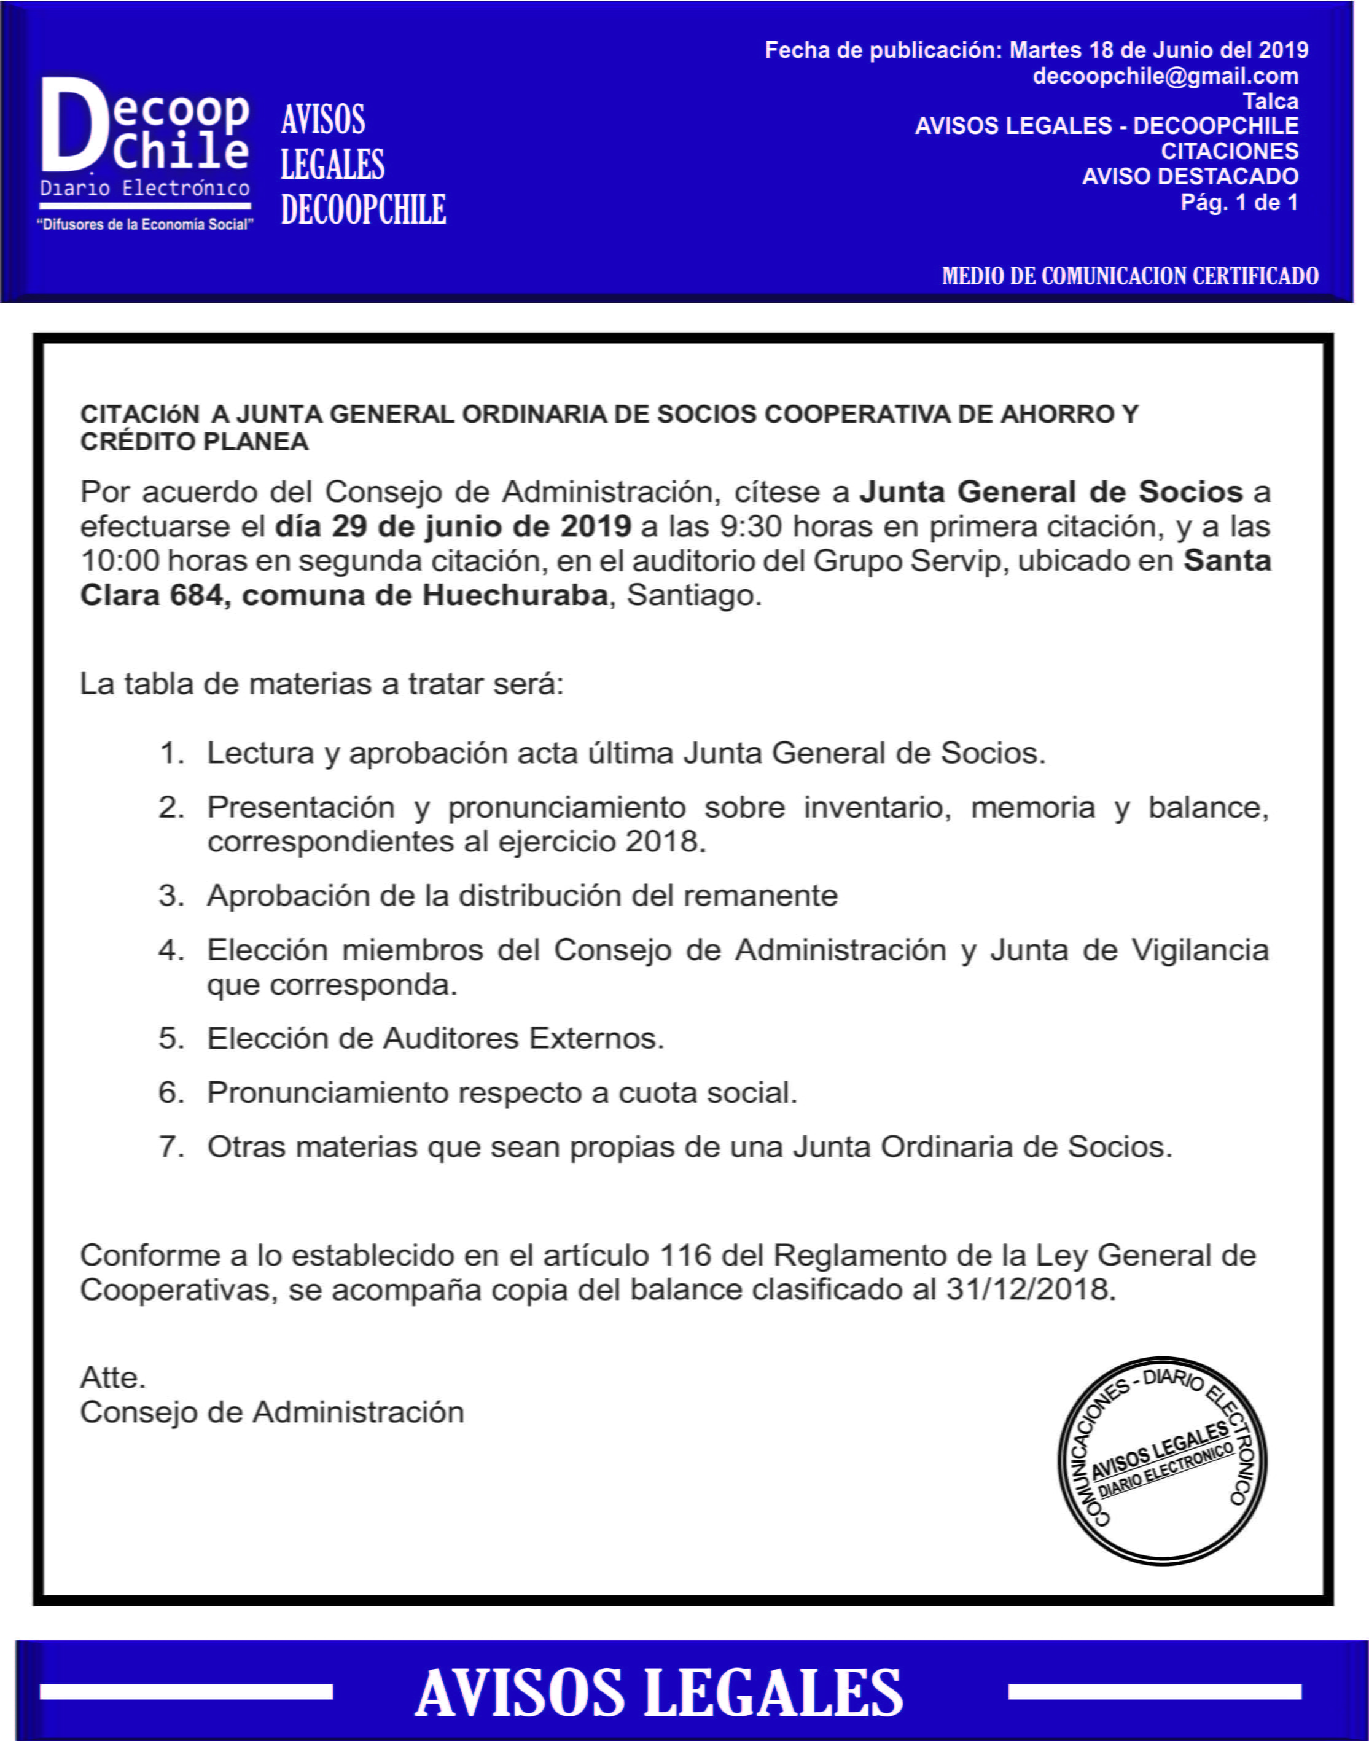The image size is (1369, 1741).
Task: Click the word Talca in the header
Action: [x=1270, y=101]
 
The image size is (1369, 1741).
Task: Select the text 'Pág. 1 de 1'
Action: [x=1239, y=202]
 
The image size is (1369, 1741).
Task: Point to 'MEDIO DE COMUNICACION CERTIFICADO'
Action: [x=1129, y=276]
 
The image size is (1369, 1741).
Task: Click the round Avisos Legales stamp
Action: [x=1162, y=1460]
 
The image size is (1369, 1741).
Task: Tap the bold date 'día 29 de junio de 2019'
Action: [x=453, y=526]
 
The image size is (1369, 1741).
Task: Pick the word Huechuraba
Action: [x=515, y=595]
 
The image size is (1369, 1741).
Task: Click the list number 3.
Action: [x=171, y=895]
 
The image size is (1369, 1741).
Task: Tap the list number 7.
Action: [x=171, y=1147]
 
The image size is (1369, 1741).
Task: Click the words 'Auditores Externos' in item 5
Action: [x=523, y=1038]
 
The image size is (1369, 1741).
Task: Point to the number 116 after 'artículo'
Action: [x=685, y=1255]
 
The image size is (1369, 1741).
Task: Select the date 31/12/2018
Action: [x=1030, y=1289]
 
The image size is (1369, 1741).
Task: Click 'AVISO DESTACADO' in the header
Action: [x=1190, y=176]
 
